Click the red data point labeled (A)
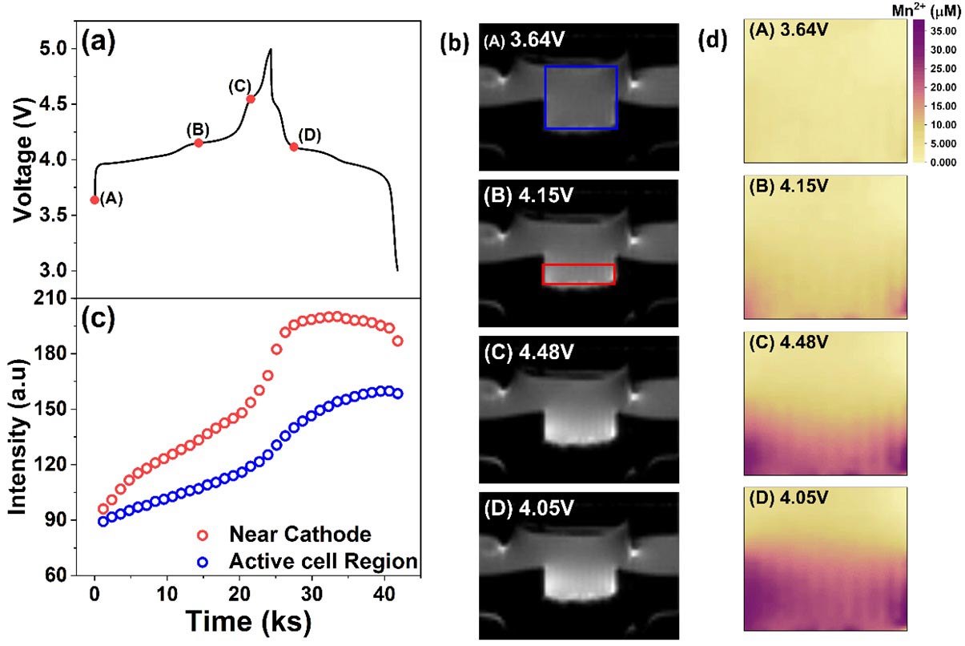coord(94,200)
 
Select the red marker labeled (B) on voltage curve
coord(199,143)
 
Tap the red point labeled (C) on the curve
coord(251,99)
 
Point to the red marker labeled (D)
coord(294,147)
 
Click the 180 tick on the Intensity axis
coord(60,354)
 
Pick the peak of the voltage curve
coord(271,50)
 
